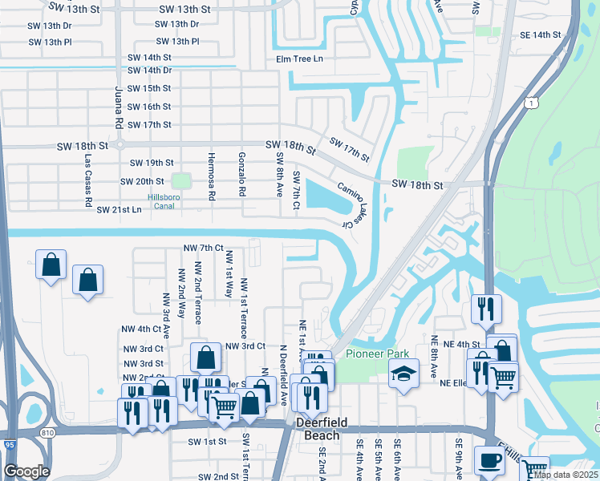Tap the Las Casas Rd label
pyautogui.click(x=89, y=180)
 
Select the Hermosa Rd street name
pyautogui.click(x=212, y=176)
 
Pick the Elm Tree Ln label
pyautogui.click(x=299, y=59)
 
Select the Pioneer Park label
pyautogui.click(x=377, y=354)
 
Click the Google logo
pyautogui.click(x=26, y=471)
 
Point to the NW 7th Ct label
pyautogui.click(x=203, y=249)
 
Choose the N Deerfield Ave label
pyautogui.click(x=283, y=374)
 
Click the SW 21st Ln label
pyautogui.click(x=119, y=210)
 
